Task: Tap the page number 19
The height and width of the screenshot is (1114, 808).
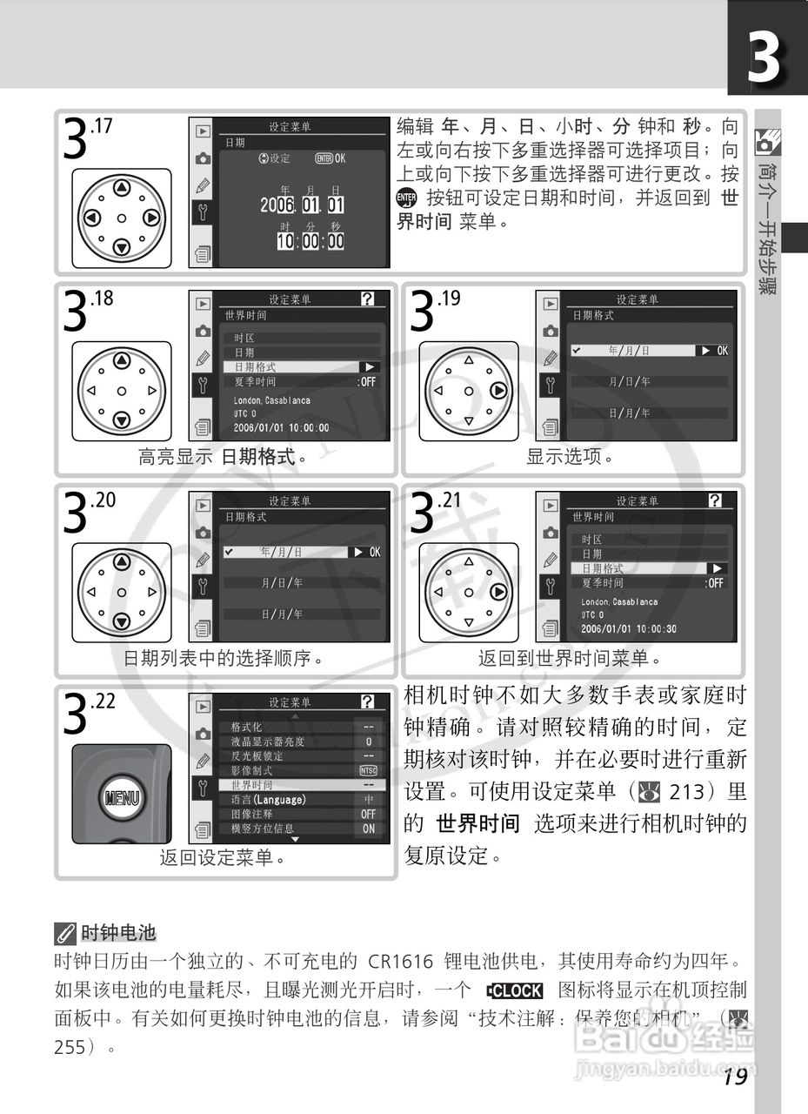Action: point(734,1077)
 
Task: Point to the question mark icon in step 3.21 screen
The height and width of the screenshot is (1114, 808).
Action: point(715,500)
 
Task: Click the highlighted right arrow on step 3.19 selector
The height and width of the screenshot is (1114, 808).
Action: point(498,391)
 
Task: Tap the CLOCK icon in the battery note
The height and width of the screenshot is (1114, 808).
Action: point(515,990)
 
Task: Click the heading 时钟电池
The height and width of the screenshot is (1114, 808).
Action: point(117,934)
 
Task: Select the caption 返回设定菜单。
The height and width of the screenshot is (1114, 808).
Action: point(224,858)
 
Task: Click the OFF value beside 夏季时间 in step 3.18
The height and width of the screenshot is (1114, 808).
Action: point(368,381)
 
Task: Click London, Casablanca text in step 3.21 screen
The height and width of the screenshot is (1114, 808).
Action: point(619,601)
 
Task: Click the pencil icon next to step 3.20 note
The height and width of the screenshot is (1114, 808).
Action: point(203,558)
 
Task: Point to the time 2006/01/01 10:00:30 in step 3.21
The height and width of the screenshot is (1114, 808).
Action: point(629,628)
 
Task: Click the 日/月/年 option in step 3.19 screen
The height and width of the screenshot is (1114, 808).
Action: point(629,413)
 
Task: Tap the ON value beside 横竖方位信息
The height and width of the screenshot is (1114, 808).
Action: point(368,829)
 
